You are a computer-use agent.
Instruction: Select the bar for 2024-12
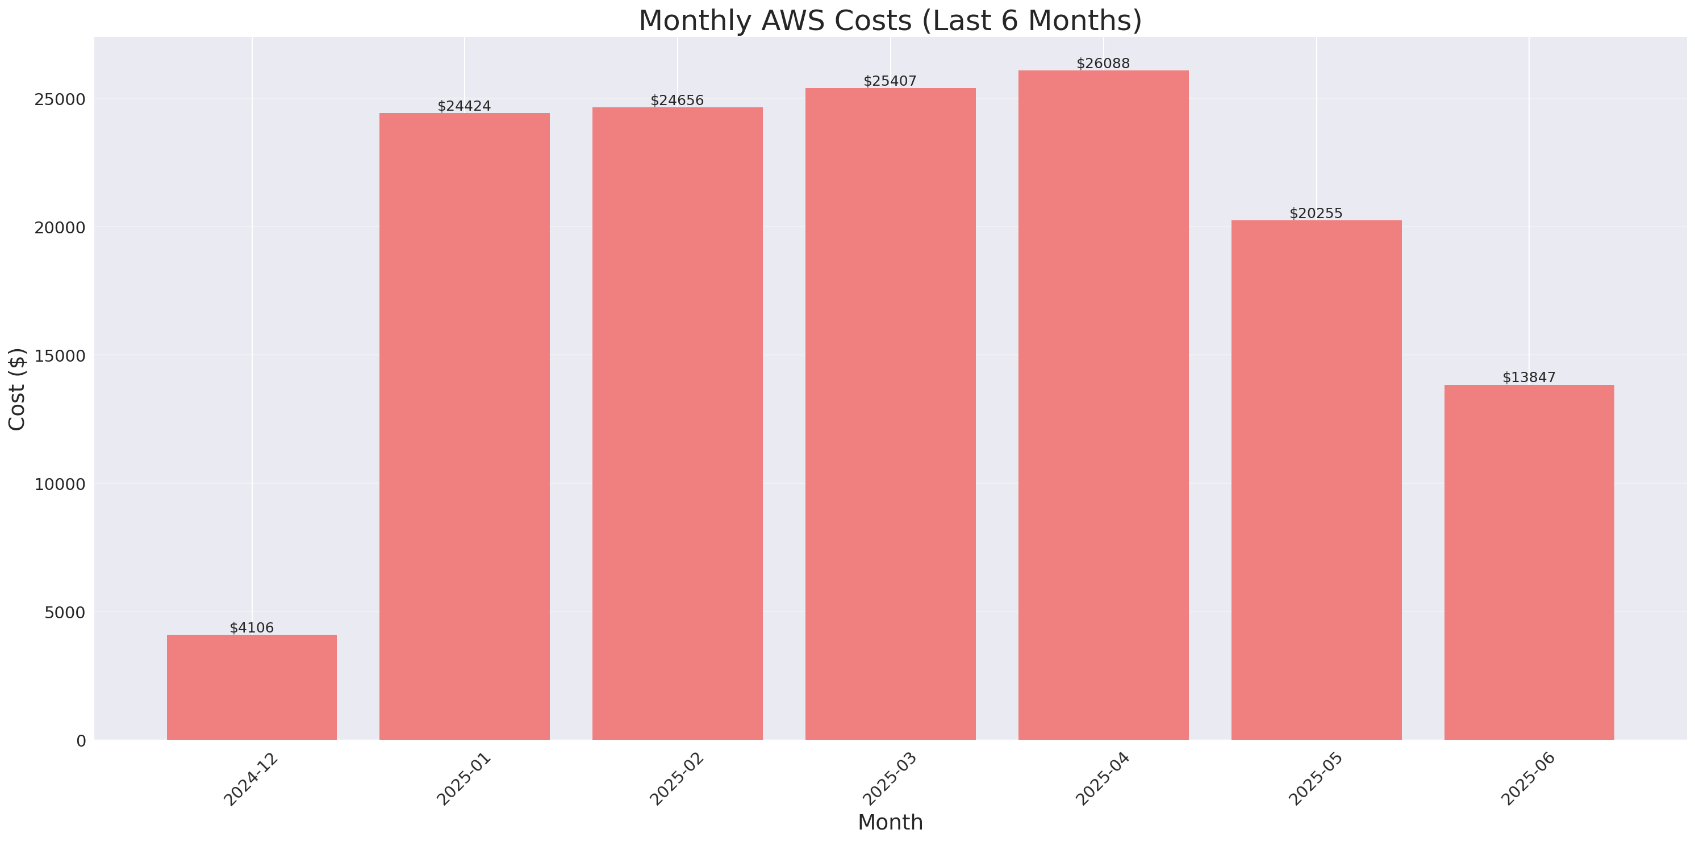252,687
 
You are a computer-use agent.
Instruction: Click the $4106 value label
252,627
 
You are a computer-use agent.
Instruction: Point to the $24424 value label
464,106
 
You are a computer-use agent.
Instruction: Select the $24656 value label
677,100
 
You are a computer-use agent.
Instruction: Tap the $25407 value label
890,81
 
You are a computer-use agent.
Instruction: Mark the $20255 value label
1316,213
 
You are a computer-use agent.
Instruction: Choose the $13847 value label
1529,378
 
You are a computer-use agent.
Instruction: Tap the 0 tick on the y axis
81,742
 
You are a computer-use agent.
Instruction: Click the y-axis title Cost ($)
16,389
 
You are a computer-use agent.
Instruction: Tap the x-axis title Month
890,822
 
